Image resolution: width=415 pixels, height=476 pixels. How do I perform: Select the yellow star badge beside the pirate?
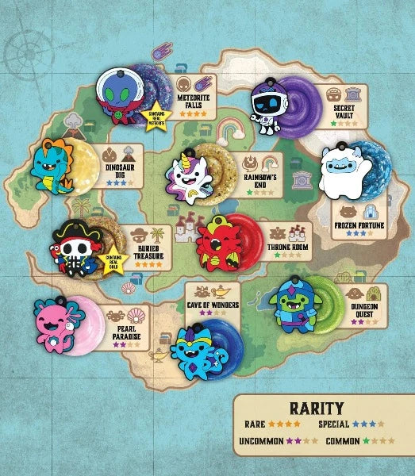pyautogui.click(x=120, y=259)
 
